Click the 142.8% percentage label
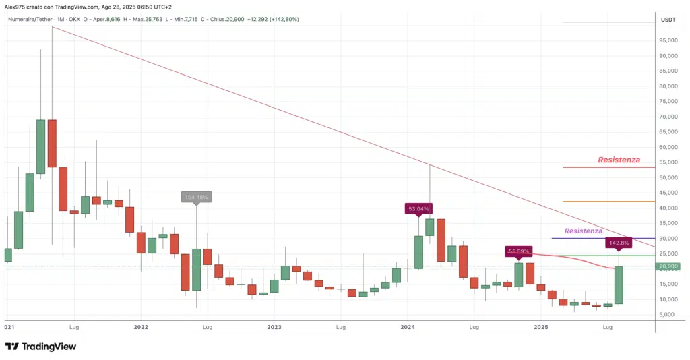click(x=619, y=242)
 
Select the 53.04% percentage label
click(x=418, y=209)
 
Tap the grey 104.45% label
click(x=197, y=197)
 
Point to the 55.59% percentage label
click(x=518, y=251)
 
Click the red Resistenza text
click(x=619, y=160)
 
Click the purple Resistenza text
click(x=584, y=231)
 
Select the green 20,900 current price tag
click(x=669, y=267)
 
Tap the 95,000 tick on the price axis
click(x=669, y=40)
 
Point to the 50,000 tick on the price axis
click(x=669, y=177)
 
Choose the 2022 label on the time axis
click(x=141, y=327)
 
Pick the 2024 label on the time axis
click(x=407, y=327)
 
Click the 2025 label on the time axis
click(x=540, y=327)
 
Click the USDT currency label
click(x=668, y=20)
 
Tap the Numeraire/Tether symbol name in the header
click(x=32, y=19)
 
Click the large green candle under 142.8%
click(x=619, y=284)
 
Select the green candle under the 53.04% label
click(x=418, y=252)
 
